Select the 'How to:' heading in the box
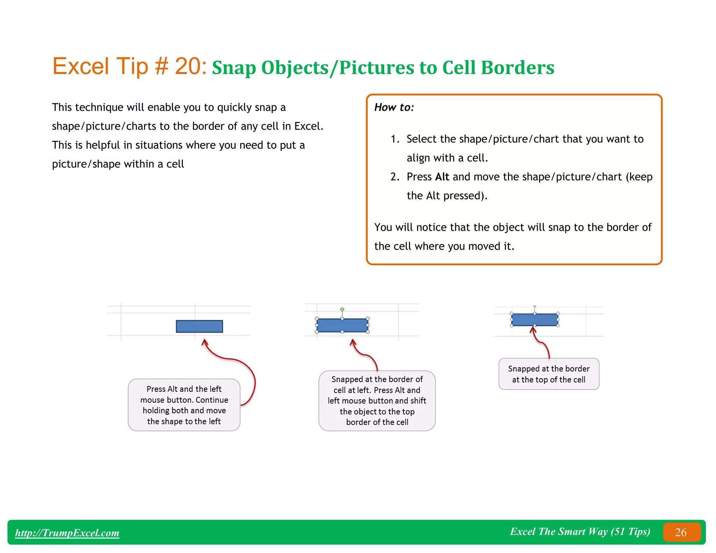pyautogui.click(x=394, y=107)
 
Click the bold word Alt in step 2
pyautogui.click(x=442, y=177)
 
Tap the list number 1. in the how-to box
pyautogui.click(x=395, y=139)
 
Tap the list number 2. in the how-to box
pyautogui.click(x=395, y=177)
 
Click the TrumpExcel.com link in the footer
pyautogui.click(x=67, y=533)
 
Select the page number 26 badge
pyautogui.click(x=681, y=532)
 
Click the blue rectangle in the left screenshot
pyautogui.click(x=199, y=326)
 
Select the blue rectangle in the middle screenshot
pyautogui.click(x=342, y=325)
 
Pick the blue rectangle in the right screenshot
pyautogui.click(x=535, y=320)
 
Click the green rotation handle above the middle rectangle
pyautogui.click(x=342, y=309)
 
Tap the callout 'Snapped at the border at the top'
pyautogui.click(x=549, y=374)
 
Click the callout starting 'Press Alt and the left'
pyautogui.click(x=184, y=405)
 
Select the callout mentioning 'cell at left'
pyautogui.click(x=377, y=401)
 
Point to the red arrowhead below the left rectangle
pyautogui.click(x=205, y=342)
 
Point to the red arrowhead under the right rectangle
pyautogui.click(x=533, y=329)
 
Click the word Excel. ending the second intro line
pyautogui.click(x=309, y=126)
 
